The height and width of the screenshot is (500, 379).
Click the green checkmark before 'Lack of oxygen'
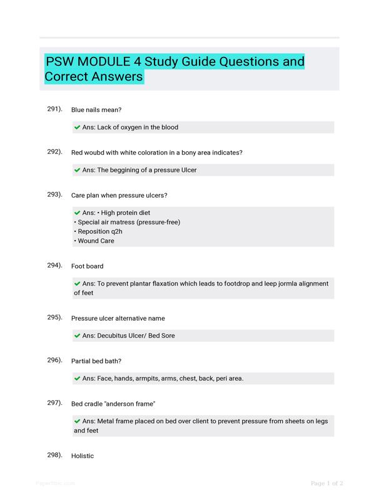77,127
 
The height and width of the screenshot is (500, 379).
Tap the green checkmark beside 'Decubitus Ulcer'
77,336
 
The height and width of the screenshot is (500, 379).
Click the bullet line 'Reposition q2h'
99,231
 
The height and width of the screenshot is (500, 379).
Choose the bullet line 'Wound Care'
96,241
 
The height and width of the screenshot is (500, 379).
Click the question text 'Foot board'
88,266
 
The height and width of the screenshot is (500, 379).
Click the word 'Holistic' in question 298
83,456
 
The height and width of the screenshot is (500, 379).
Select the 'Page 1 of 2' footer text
327,483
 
